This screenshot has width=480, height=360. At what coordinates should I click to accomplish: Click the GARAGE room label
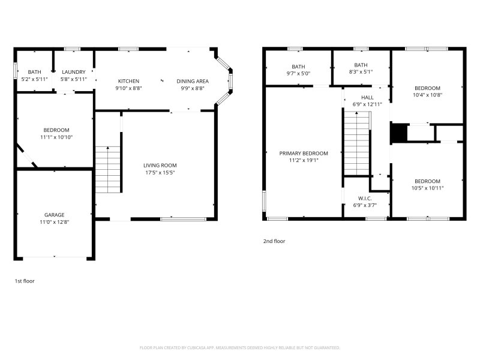point(54,214)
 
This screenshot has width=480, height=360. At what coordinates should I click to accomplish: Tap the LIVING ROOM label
point(160,165)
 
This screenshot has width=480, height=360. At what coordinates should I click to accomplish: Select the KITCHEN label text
point(128,81)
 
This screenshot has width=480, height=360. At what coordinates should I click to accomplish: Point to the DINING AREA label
point(192,81)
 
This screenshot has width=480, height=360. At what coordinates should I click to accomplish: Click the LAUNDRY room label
point(73,72)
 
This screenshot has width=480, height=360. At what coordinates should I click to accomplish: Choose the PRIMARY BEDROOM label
point(304,153)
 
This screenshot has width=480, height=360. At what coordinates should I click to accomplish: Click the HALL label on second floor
point(367,97)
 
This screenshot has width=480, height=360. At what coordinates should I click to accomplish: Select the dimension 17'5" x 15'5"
point(160,173)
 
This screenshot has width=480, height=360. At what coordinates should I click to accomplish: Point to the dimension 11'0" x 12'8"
point(54,222)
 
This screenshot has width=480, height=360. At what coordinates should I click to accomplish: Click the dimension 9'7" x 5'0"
point(298,73)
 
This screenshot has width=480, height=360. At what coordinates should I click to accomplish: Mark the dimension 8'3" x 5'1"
point(361,73)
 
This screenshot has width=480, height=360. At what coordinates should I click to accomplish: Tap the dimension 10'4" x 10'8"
point(427,95)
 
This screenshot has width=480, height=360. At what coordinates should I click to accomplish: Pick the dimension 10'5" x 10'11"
point(427,188)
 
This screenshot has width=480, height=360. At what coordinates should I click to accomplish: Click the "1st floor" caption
point(25,280)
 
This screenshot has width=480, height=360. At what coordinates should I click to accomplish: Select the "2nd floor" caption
point(274,241)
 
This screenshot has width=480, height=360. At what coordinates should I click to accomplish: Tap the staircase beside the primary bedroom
point(356,144)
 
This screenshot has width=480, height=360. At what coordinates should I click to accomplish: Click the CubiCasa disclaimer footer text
point(240,347)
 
